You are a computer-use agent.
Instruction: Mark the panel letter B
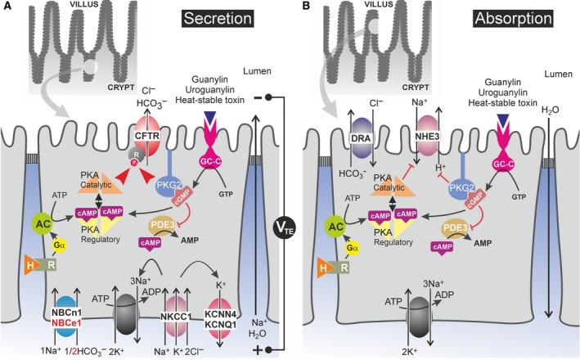[x=301, y=7]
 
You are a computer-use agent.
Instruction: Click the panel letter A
[x=7, y=7]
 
